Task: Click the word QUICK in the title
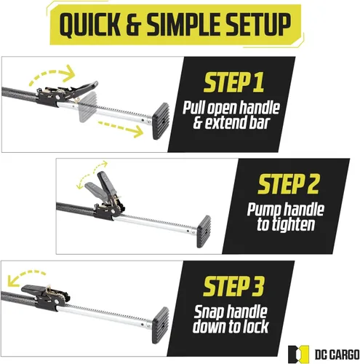point(89,25)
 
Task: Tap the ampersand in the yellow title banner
point(133,25)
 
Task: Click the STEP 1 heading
point(233,82)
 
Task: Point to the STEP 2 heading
point(288,184)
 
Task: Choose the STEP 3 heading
point(233,286)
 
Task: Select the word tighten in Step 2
point(293,224)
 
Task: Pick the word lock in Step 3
point(256,326)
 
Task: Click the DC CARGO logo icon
point(298,355)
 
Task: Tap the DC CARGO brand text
point(337,355)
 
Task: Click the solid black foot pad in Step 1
point(161,121)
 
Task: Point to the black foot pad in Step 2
point(204,232)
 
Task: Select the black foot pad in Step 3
point(161,325)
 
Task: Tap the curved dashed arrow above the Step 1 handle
point(52,74)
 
